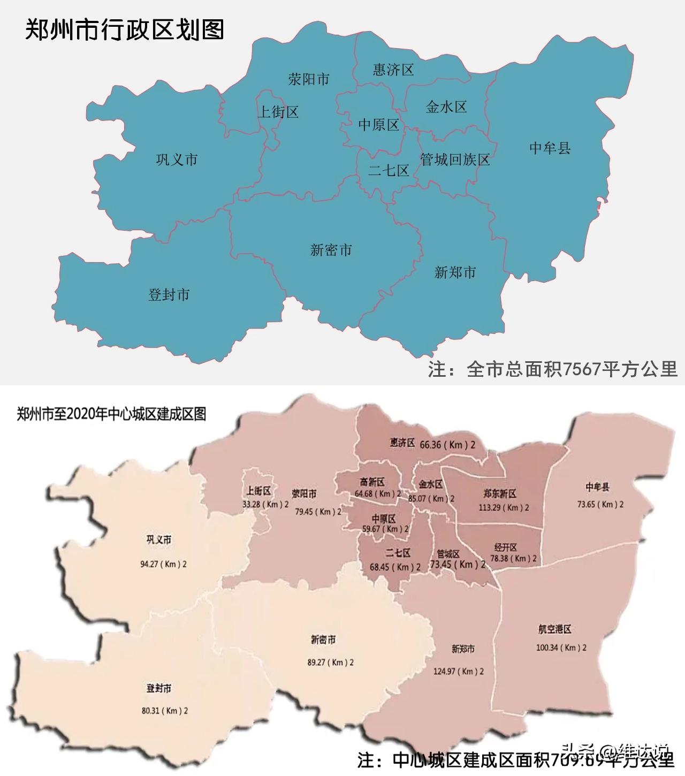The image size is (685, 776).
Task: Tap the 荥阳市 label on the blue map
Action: [309, 80]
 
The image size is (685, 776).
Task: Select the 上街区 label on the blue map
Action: [278, 112]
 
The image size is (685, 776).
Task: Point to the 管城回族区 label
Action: [455, 159]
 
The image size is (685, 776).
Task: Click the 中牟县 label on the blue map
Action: [550, 148]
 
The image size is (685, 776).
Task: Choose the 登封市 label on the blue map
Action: [169, 294]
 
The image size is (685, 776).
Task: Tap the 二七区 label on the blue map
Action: [389, 171]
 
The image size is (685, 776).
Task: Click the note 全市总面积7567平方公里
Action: [553, 369]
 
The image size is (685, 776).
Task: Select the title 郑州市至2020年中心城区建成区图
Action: [111, 414]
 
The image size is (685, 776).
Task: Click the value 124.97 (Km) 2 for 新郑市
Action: [459, 671]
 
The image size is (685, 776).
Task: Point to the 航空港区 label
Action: [555, 629]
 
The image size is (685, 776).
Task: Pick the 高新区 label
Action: [372, 482]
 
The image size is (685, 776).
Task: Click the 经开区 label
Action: [506, 547]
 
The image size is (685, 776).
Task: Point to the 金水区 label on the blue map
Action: [446, 107]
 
